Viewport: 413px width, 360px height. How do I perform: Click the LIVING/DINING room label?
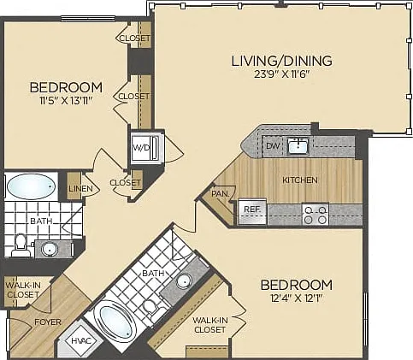pos(281,61)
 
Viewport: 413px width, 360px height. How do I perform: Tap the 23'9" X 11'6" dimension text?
pos(281,74)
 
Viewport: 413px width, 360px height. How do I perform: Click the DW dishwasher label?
pos(273,146)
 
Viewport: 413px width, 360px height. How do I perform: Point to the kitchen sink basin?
pos(298,146)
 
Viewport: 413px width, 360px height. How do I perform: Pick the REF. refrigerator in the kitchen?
pos(252,211)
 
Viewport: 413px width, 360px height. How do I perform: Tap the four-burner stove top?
pos(316,215)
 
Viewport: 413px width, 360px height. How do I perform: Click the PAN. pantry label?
pos(220,194)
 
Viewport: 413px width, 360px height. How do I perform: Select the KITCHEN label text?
pos(300,180)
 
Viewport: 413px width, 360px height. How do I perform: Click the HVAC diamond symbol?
pos(81,340)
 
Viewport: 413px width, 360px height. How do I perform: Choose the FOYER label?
pos(48,322)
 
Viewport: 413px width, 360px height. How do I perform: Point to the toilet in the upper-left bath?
pos(21,245)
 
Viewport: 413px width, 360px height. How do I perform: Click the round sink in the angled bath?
pos(184,281)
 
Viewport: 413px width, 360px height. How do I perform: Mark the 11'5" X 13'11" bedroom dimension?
pos(66,101)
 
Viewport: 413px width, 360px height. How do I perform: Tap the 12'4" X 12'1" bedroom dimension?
pos(297,298)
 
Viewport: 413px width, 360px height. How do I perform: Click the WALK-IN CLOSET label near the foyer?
pos(23,290)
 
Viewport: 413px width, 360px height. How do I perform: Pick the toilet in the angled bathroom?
pos(152,308)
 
